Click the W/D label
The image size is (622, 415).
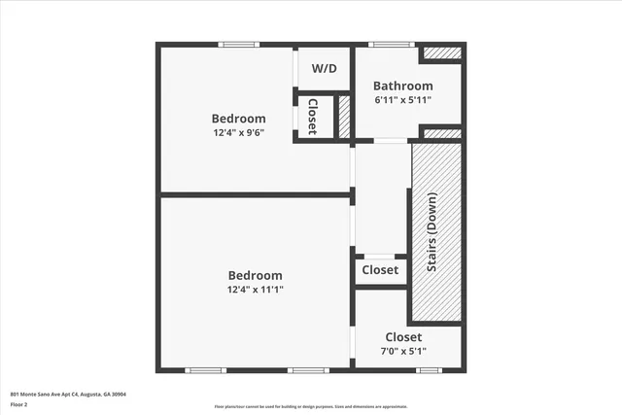point(323,70)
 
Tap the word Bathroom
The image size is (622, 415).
point(403,86)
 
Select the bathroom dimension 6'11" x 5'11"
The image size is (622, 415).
point(403,99)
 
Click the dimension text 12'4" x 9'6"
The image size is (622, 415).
point(239,132)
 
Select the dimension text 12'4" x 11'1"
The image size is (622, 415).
point(256,289)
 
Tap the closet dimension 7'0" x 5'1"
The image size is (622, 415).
point(403,351)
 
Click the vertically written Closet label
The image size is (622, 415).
point(314,116)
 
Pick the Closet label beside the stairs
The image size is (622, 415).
point(380,270)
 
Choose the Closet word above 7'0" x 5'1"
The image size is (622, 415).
point(403,337)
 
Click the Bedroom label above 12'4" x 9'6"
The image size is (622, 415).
point(239,119)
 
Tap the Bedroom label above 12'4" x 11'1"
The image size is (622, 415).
point(256,275)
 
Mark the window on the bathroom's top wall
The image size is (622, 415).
point(392,44)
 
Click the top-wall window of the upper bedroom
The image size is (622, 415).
point(238,44)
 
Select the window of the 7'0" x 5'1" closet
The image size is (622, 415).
point(429,369)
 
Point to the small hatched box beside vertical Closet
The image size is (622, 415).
point(343,116)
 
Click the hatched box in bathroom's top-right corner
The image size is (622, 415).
point(442,52)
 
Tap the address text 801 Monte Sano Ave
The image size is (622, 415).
point(68,395)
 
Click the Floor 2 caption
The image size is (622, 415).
point(19,404)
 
